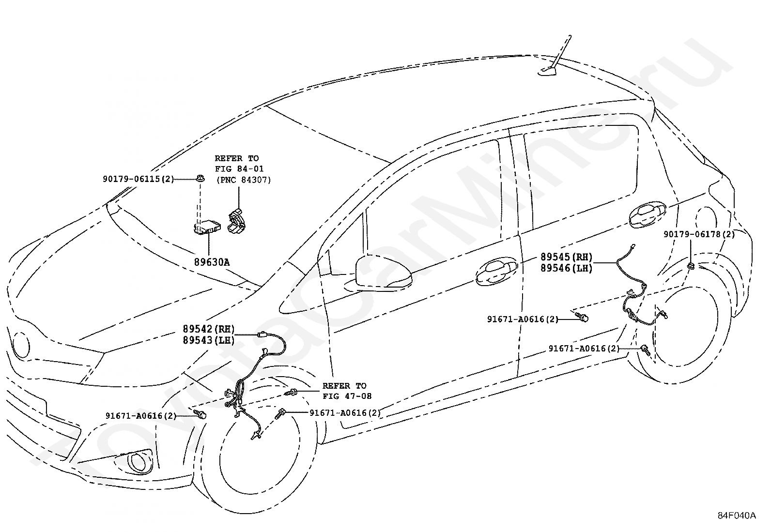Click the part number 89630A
(x=212, y=262)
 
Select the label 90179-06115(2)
(x=139, y=179)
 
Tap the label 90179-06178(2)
(x=699, y=234)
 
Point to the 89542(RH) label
(x=209, y=329)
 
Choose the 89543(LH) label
(x=209, y=340)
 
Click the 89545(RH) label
(x=566, y=257)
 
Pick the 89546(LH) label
(x=566, y=268)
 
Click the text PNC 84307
(x=244, y=180)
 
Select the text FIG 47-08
(x=347, y=396)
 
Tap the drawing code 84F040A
(x=737, y=516)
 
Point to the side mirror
(x=382, y=272)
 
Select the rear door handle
(x=648, y=215)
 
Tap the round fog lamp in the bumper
(x=138, y=462)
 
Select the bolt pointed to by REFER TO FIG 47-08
(x=291, y=392)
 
